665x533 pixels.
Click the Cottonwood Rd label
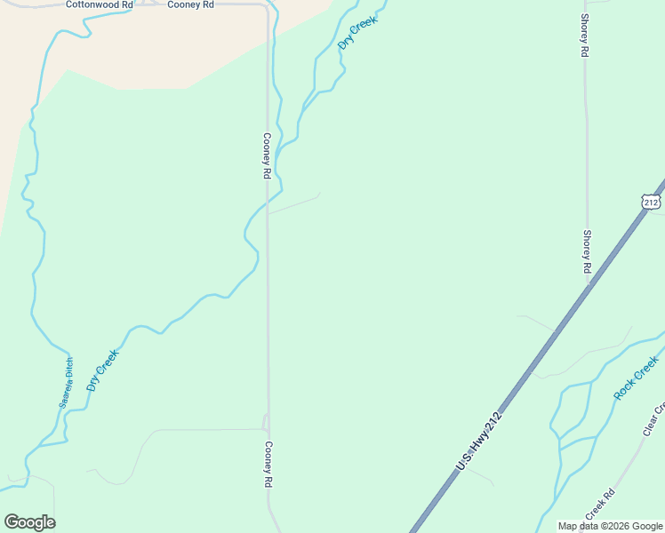(x=99, y=4)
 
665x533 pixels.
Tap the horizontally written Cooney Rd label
(x=191, y=4)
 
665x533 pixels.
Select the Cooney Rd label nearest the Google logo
(x=267, y=465)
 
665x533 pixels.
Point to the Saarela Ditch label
(x=68, y=383)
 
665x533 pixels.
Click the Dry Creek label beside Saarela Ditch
(x=102, y=370)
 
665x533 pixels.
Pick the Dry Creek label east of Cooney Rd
(x=357, y=32)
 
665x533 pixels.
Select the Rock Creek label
(x=637, y=378)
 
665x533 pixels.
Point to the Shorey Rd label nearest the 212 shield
(x=587, y=251)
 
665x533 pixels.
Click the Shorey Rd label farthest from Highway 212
(x=584, y=36)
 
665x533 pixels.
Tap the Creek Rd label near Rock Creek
(x=600, y=505)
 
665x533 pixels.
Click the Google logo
(x=29, y=522)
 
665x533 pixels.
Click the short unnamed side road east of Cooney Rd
(x=293, y=204)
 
